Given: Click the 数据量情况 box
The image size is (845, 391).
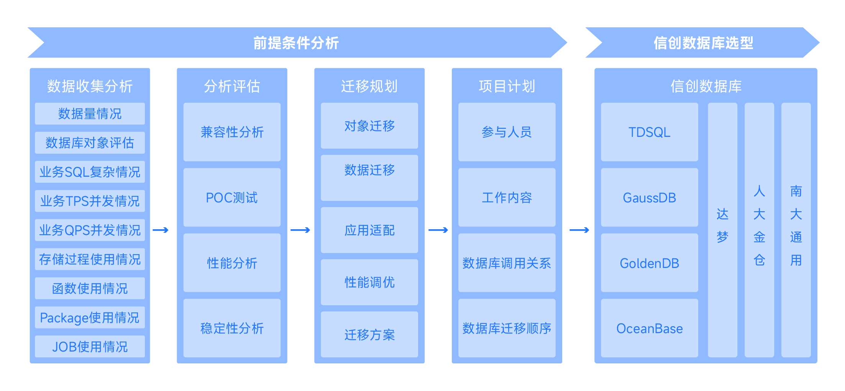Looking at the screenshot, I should pos(90,113).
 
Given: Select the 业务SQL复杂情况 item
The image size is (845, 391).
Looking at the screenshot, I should pos(90,172).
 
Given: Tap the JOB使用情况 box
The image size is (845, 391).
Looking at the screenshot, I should pos(90,347).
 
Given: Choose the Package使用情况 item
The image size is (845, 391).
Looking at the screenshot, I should pos(90,317).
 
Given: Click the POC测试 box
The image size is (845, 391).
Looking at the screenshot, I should pos(232,197).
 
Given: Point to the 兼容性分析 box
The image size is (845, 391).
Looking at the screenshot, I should pos(232,132).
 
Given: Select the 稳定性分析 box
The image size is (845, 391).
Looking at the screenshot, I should pos(232,328).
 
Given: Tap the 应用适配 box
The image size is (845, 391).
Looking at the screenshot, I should pos(369,230).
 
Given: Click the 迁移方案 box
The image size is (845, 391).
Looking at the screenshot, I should pos(369,334).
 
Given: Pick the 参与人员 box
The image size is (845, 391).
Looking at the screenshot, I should pos(507,132).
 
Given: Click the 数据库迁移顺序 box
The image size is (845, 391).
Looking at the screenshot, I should pos(507,328).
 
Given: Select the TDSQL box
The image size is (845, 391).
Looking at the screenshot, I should pos(649,132).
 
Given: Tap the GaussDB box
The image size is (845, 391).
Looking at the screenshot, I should pos(649,197).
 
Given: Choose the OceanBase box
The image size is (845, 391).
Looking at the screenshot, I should pos(649,328).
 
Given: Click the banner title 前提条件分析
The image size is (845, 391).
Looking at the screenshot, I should pos(296,43).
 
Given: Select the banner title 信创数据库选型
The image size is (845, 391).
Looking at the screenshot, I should pos(703,43).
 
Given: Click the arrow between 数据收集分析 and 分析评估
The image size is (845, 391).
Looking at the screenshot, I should pos(161,230).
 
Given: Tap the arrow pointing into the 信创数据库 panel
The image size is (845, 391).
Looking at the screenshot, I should pos(579,230).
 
